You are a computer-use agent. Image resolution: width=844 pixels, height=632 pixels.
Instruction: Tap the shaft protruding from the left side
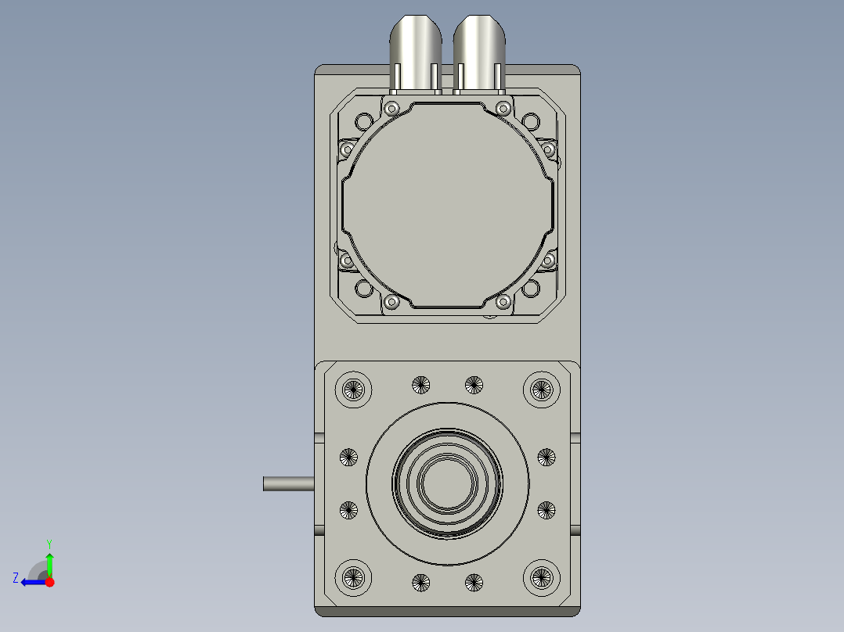click(288, 483)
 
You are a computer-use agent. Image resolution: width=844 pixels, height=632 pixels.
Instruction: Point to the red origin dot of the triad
click(50, 582)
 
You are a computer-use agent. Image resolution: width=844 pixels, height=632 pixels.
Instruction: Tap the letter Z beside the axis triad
click(16, 578)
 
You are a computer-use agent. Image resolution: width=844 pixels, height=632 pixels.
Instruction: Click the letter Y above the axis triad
click(49, 544)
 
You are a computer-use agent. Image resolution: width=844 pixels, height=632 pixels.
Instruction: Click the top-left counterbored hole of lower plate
click(353, 389)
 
